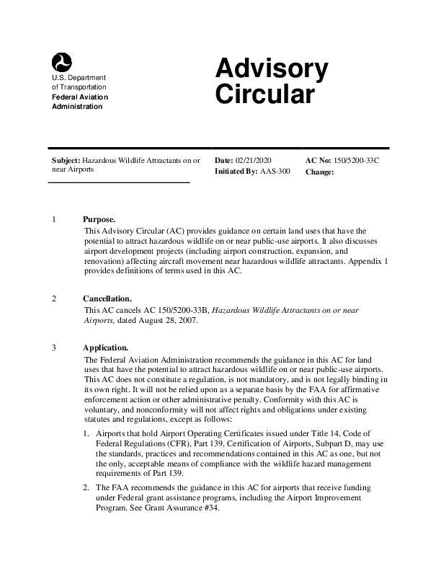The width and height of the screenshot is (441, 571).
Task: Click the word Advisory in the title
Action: coord(272,70)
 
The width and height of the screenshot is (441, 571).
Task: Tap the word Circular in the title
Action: coord(264,94)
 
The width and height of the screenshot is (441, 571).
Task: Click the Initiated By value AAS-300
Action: coord(275,172)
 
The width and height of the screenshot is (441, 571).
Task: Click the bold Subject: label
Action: coord(66,159)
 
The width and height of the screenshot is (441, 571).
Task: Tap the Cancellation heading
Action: coord(107,298)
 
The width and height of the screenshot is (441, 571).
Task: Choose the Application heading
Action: coord(106,348)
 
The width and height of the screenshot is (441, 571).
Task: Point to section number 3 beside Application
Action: coord(55,348)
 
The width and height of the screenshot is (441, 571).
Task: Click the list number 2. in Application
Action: coord(86,488)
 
